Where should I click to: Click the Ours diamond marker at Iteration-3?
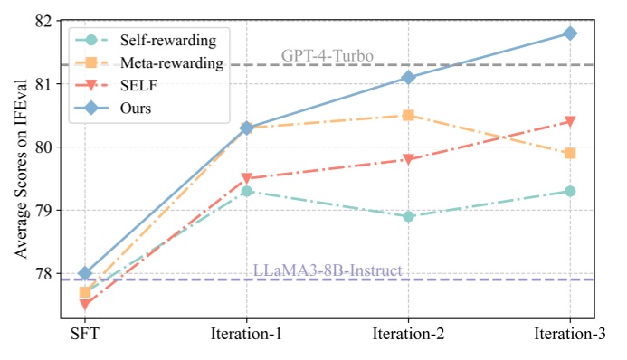pyautogui.click(x=570, y=33)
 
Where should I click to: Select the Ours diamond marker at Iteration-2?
pyautogui.click(x=408, y=78)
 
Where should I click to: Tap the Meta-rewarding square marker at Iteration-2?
pyautogui.click(x=408, y=116)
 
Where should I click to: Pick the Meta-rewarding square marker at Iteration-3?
pyautogui.click(x=570, y=153)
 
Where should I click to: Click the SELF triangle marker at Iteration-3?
pyautogui.click(x=570, y=121)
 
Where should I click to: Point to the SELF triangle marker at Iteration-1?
pyautogui.click(x=247, y=178)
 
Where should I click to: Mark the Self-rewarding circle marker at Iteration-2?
pyautogui.click(x=408, y=216)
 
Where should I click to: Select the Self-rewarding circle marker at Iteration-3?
pyautogui.click(x=570, y=191)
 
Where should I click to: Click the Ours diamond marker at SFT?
pyautogui.click(x=85, y=273)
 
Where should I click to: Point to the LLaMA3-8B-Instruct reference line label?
pyautogui.click(x=327, y=270)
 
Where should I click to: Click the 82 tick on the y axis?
pyautogui.click(x=46, y=20)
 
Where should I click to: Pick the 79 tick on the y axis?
pyautogui.click(x=46, y=210)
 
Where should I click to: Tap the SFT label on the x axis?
pyautogui.click(x=85, y=335)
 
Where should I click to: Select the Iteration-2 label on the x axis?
pyautogui.click(x=408, y=335)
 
